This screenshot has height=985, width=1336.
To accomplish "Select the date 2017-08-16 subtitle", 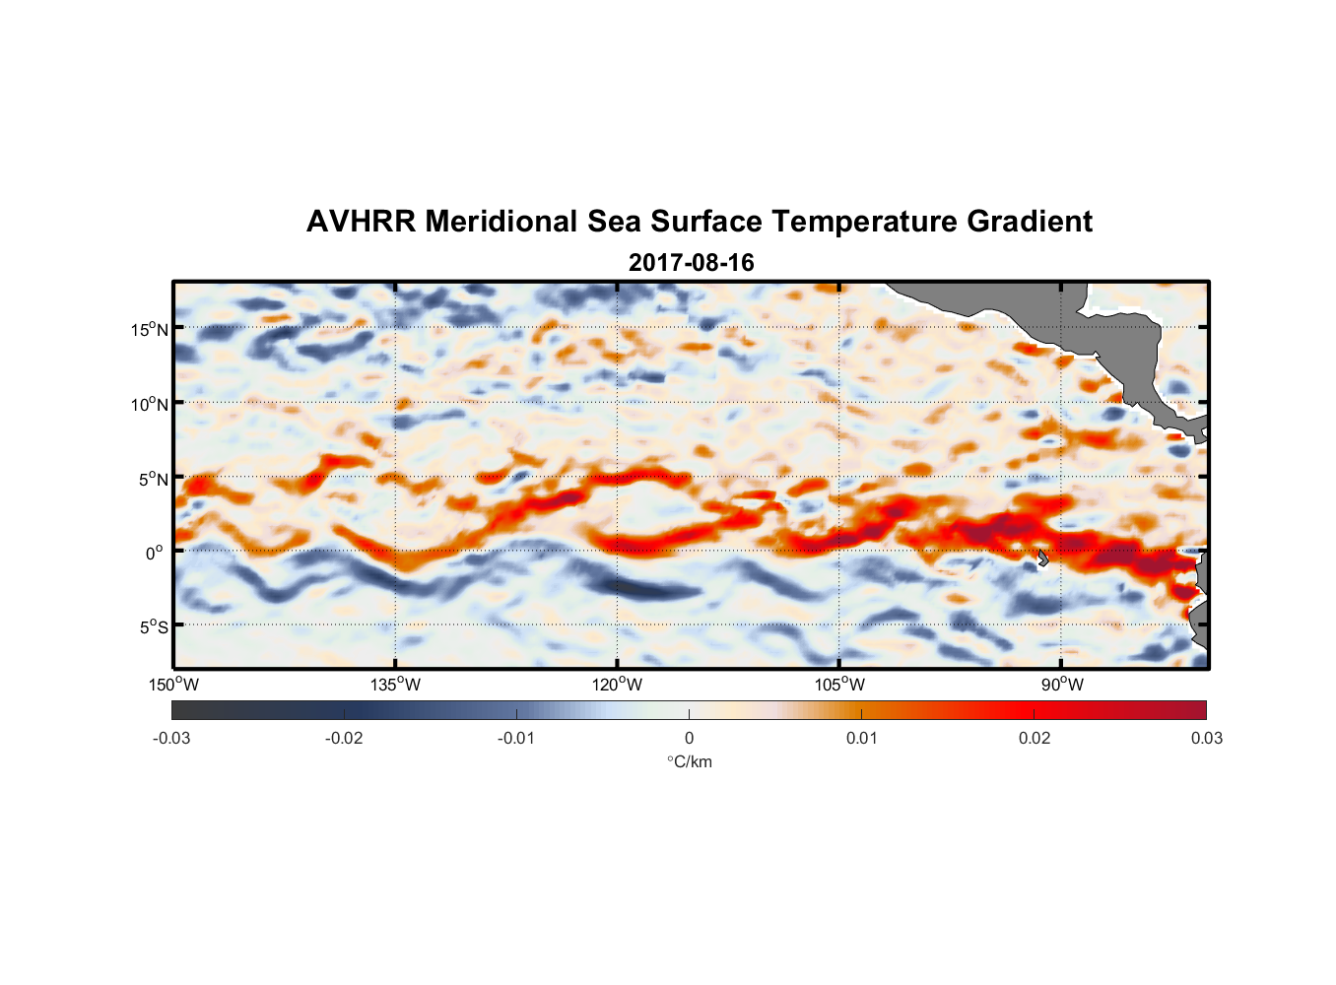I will pyautogui.click(x=691, y=263).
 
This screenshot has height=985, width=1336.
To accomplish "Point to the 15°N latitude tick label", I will pyautogui.click(x=150, y=329).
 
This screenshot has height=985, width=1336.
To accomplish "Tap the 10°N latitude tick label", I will pyautogui.click(x=150, y=404).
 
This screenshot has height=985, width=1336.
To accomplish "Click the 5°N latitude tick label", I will pyautogui.click(x=153, y=479).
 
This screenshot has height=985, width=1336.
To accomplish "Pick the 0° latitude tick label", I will pyautogui.click(x=155, y=553).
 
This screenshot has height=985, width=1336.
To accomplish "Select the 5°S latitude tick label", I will pyautogui.click(x=153, y=626).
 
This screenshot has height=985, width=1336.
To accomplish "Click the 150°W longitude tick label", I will pyautogui.click(x=173, y=685).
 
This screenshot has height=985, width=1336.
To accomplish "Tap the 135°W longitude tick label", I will pyautogui.click(x=395, y=685).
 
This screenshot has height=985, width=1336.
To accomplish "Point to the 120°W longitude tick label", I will pyautogui.click(x=618, y=685).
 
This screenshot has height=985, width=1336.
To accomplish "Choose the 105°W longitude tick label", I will pyautogui.click(x=839, y=685).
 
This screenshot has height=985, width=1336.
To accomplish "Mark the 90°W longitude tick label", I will pyautogui.click(x=1062, y=685).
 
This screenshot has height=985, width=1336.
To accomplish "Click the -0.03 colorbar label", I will pyautogui.click(x=171, y=738).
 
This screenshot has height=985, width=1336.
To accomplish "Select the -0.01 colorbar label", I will pyautogui.click(x=516, y=738).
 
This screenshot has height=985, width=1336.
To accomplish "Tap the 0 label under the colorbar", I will pyautogui.click(x=689, y=738).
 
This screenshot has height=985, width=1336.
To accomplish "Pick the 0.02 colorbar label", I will pyautogui.click(x=1035, y=738).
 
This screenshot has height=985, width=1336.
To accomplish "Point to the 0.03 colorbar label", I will pyautogui.click(x=1206, y=738).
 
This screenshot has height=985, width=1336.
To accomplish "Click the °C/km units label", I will pyautogui.click(x=689, y=761).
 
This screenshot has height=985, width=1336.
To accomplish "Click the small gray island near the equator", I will pyautogui.click(x=1042, y=558).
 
